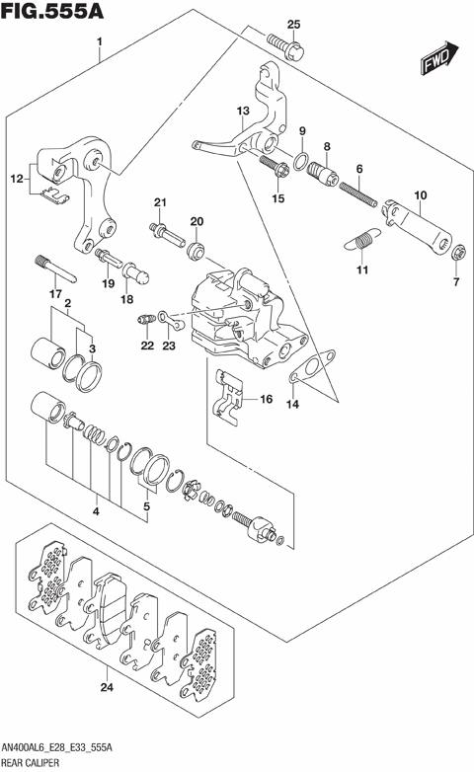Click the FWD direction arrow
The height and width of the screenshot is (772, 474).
click(439, 57)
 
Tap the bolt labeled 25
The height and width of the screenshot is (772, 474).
click(285, 46)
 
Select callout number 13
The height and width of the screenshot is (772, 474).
click(243, 111)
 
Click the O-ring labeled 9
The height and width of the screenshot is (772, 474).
click(301, 161)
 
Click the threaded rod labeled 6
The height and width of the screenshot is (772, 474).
click(358, 193)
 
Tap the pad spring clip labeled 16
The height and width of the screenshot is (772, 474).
click(229, 397)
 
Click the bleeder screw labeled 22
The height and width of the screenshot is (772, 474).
click(146, 320)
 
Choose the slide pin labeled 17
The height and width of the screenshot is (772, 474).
click(55, 269)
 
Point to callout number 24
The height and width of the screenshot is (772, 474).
click(107, 687)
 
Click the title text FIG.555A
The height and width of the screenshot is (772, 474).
click(52, 11)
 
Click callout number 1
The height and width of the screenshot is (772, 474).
click(100, 41)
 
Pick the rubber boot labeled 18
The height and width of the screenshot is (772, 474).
click(135, 272)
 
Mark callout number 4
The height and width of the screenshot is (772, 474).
click(96, 511)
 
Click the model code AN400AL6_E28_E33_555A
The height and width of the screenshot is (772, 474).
click(56, 748)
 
